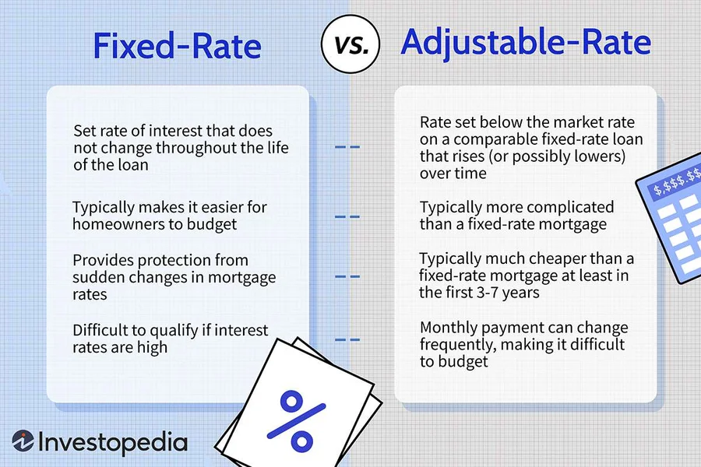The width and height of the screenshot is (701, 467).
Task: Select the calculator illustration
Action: click(670, 222)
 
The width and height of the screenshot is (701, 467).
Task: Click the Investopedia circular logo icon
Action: click(23, 442)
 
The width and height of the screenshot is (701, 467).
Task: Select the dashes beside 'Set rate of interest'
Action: click(347, 146)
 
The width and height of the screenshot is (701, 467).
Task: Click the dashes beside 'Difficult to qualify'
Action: click(347, 339)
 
